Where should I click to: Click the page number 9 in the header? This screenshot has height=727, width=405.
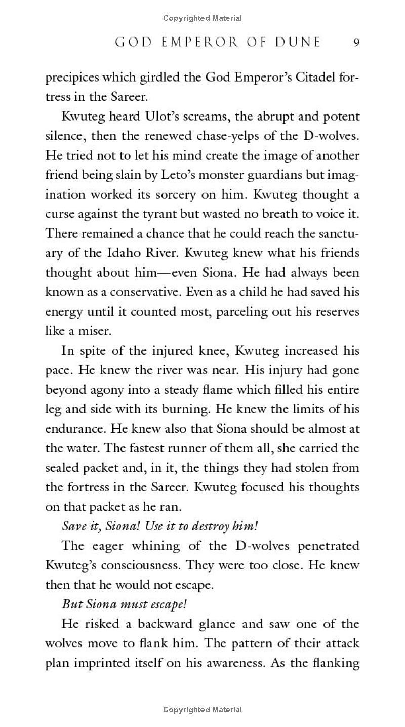356,43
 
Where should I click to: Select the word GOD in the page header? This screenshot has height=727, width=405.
133,43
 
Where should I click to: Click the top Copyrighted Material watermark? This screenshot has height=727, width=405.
202,18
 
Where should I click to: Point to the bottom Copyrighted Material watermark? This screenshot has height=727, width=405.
202,710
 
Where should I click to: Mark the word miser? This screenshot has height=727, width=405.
94,331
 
